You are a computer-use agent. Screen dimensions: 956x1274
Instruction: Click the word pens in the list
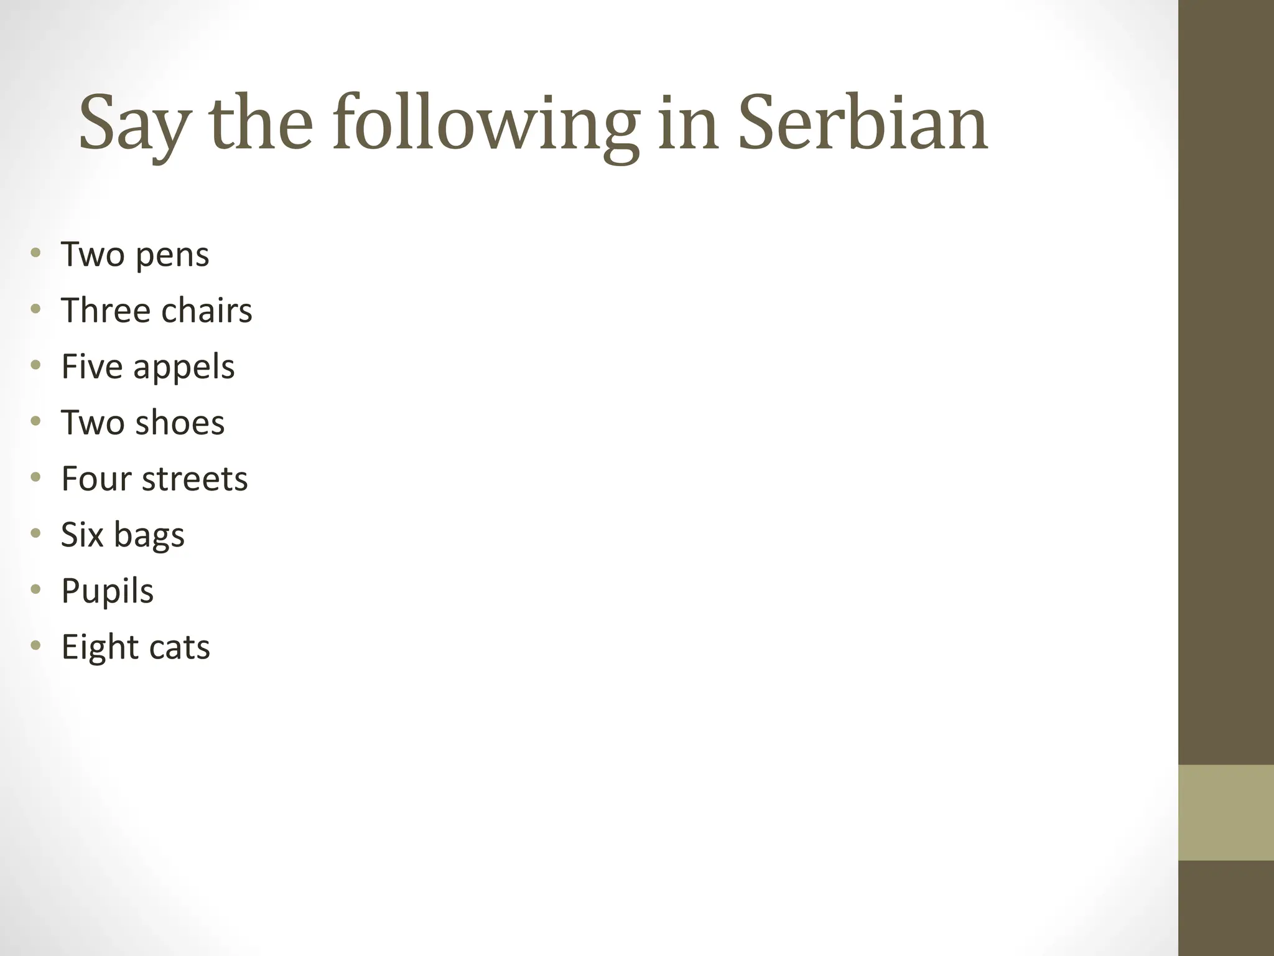172,255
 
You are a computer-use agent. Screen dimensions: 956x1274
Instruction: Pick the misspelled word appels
184,367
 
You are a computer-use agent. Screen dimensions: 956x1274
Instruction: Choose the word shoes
180,423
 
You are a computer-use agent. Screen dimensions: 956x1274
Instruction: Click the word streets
195,479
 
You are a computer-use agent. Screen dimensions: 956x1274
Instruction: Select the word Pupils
107,591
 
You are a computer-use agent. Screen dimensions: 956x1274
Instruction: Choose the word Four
97,479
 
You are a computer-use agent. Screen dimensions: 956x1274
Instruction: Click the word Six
82,535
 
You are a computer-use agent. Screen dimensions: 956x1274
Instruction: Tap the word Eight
100,647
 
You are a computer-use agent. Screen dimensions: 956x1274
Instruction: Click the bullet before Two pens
35,253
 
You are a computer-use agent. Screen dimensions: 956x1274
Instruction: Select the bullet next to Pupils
35,589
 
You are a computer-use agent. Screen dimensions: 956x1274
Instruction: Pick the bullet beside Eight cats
35,645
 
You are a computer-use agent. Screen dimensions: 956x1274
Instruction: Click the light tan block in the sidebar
1225,812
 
